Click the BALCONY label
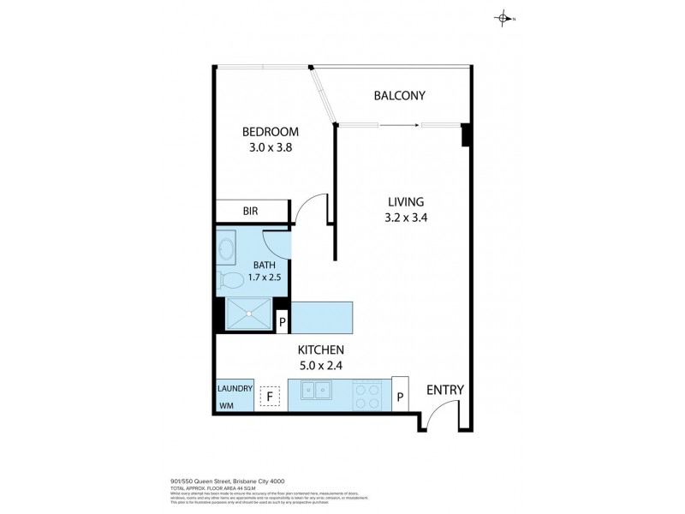[x=399, y=96]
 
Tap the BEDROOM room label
[x=270, y=132]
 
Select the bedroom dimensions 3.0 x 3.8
[x=270, y=146]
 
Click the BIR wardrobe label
[x=251, y=211]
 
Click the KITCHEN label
[x=320, y=350]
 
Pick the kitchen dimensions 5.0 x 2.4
[x=320, y=365]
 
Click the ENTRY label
[x=444, y=390]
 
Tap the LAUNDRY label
[x=235, y=389]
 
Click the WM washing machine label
[x=226, y=404]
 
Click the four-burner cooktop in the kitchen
[x=369, y=395]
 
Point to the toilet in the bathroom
[x=231, y=278]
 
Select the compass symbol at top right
[x=503, y=18]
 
